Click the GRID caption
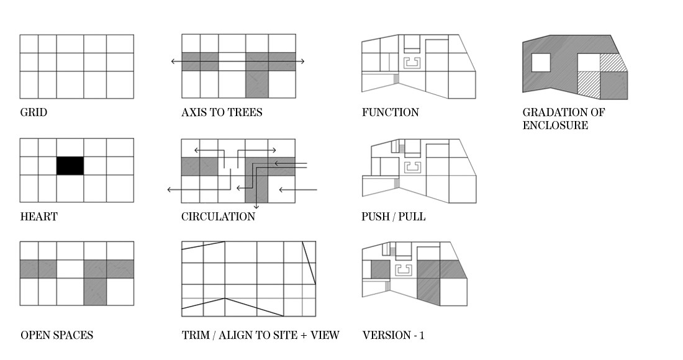(x=34, y=113)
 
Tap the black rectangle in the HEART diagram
(x=70, y=166)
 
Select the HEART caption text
(x=38, y=217)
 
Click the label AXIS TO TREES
(x=222, y=113)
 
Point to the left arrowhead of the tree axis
(x=173, y=61)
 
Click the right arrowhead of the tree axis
(x=302, y=61)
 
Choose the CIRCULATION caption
(x=218, y=217)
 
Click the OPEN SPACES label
(x=57, y=336)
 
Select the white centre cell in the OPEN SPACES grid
(x=70, y=269)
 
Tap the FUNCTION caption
(x=390, y=113)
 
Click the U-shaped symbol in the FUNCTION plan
(x=411, y=62)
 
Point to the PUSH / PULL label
(x=394, y=217)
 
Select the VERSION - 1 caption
(x=393, y=336)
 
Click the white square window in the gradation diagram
(x=541, y=62)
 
